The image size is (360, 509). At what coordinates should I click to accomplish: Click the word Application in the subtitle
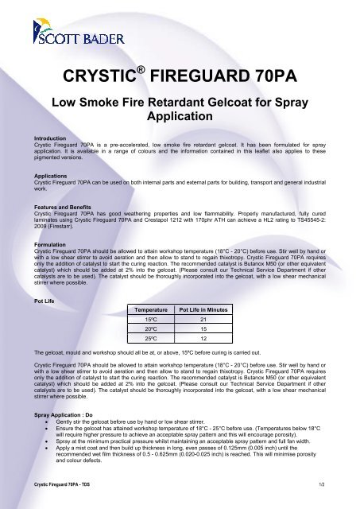pos(180,116)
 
